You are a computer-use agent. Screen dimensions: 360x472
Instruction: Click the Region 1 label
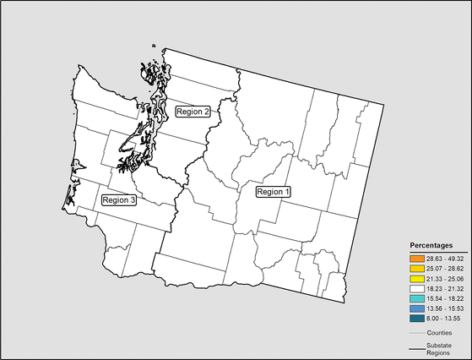coord(273,192)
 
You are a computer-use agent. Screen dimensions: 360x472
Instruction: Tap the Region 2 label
coord(193,111)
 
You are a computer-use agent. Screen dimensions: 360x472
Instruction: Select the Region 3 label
coord(118,200)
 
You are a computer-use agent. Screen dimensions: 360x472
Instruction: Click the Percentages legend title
coord(432,244)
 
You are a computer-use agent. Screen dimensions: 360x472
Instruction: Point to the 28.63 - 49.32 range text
coord(445,257)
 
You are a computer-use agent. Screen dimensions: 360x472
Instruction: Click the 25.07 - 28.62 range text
coord(445,267)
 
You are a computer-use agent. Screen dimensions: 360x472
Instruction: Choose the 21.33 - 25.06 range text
coord(445,278)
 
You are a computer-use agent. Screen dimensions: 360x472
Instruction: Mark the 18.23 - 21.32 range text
coord(445,288)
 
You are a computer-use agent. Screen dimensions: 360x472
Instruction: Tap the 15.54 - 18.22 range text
coord(445,298)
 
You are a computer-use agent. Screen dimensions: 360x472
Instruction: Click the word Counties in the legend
coord(440,333)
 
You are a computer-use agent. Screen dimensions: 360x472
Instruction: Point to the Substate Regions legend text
coord(440,350)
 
